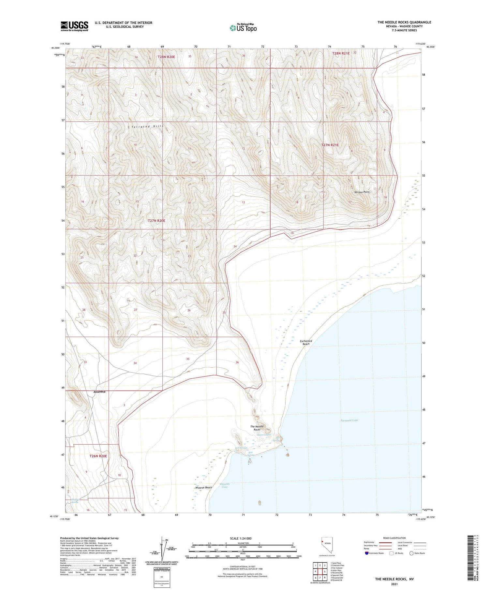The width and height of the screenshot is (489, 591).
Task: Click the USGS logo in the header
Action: point(74,26)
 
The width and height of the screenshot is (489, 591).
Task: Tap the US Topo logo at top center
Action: point(243,28)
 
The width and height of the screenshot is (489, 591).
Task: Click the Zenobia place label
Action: point(99,392)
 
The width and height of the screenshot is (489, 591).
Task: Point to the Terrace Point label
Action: point(362,192)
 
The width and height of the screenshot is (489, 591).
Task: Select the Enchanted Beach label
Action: point(306,342)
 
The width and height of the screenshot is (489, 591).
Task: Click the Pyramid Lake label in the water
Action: point(349,420)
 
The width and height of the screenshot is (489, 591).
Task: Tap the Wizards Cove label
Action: point(225,485)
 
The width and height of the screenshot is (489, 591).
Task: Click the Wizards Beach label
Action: point(203,488)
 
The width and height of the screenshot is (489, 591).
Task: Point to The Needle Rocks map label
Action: point(257,428)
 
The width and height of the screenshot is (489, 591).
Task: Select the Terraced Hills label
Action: point(145,126)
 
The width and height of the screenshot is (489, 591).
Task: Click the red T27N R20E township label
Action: point(156,221)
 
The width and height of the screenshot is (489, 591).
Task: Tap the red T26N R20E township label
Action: point(98,456)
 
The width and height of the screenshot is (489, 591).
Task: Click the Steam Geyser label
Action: point(264,435)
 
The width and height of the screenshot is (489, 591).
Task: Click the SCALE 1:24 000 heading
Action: point(241,538)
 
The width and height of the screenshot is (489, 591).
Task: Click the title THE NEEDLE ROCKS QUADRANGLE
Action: point(404,22)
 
